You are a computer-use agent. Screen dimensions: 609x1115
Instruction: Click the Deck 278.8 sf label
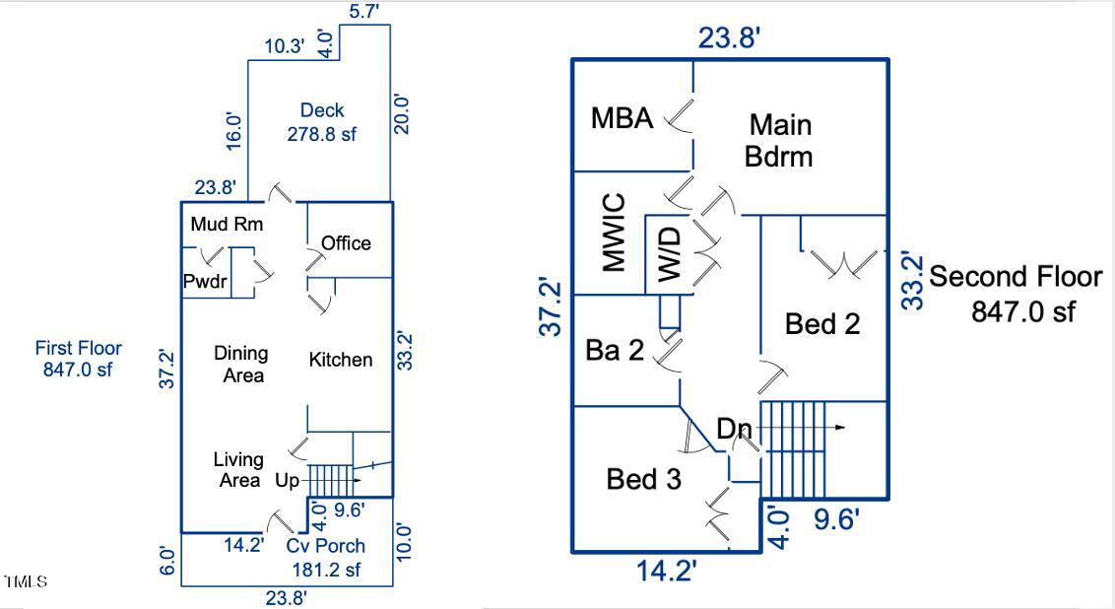click(x=322, y=122)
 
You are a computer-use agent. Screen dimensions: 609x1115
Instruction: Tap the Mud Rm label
click(x=227, y=225)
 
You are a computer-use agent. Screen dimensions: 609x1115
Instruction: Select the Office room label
click(x=346, y=243)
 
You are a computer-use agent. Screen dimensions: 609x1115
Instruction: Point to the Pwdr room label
click(x=205, y=283)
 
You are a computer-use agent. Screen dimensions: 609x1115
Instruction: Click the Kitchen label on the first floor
click(x=341, y=360)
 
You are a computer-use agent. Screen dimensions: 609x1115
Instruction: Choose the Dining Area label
click(x=241, y=364)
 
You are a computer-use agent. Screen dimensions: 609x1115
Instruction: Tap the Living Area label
click(x=239, y=470)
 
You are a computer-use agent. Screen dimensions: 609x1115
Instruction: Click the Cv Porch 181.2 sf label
click(x=326, y=557)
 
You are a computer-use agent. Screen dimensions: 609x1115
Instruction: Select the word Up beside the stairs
click(x=288, y=481)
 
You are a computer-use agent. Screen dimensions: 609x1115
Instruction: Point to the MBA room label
click(x=622, y=118)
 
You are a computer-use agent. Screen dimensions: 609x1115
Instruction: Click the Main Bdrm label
click(x=779, y=140)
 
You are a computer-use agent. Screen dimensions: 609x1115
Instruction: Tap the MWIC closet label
click(x=613, y=233)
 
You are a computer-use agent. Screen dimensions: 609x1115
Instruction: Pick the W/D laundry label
click(x=669, y=254)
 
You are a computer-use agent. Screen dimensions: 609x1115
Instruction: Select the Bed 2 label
click(x=822, y=323)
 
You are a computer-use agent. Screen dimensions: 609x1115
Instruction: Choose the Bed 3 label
click(x=643, y=480)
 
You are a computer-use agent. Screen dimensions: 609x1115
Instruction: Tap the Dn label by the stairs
click(x=734, y=430)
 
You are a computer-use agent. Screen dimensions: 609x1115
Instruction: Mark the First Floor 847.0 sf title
click(x=79, y=359)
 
